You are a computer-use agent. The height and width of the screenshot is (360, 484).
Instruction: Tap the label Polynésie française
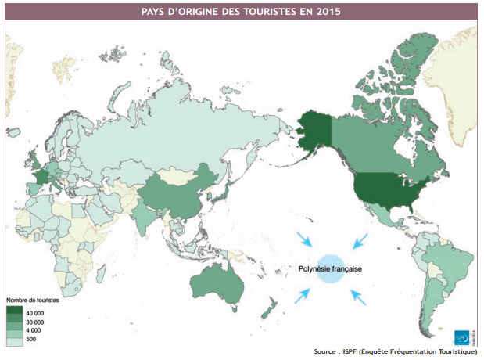point(328,268)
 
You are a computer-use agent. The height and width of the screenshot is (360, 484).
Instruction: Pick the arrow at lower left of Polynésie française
point(303,295)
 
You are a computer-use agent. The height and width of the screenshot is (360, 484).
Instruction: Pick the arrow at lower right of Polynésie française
point(358,296)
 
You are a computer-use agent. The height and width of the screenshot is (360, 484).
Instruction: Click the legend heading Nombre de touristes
point(33,300)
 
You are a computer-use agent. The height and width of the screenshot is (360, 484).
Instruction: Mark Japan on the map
point(223,188)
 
